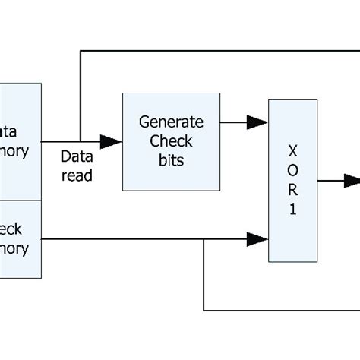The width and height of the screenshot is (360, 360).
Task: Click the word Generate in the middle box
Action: pos(172,122)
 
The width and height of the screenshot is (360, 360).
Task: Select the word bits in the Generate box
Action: pos(172,160)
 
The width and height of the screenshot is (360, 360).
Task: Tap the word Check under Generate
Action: pos(172,141)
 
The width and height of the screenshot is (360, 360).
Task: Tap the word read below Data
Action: pos(77,175)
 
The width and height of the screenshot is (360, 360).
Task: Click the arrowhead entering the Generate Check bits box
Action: pos(112,141)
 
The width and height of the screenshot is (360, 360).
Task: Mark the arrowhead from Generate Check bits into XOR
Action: pos(258,121)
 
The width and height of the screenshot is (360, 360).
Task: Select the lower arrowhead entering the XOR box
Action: pos(258,240)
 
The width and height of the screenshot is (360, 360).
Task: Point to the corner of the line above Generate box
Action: pos(80,52)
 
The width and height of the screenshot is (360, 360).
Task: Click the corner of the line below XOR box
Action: pos(204,310)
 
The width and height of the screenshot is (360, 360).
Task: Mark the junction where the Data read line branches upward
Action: pos(80,141)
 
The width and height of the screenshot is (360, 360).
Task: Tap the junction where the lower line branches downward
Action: pos(204,240)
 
